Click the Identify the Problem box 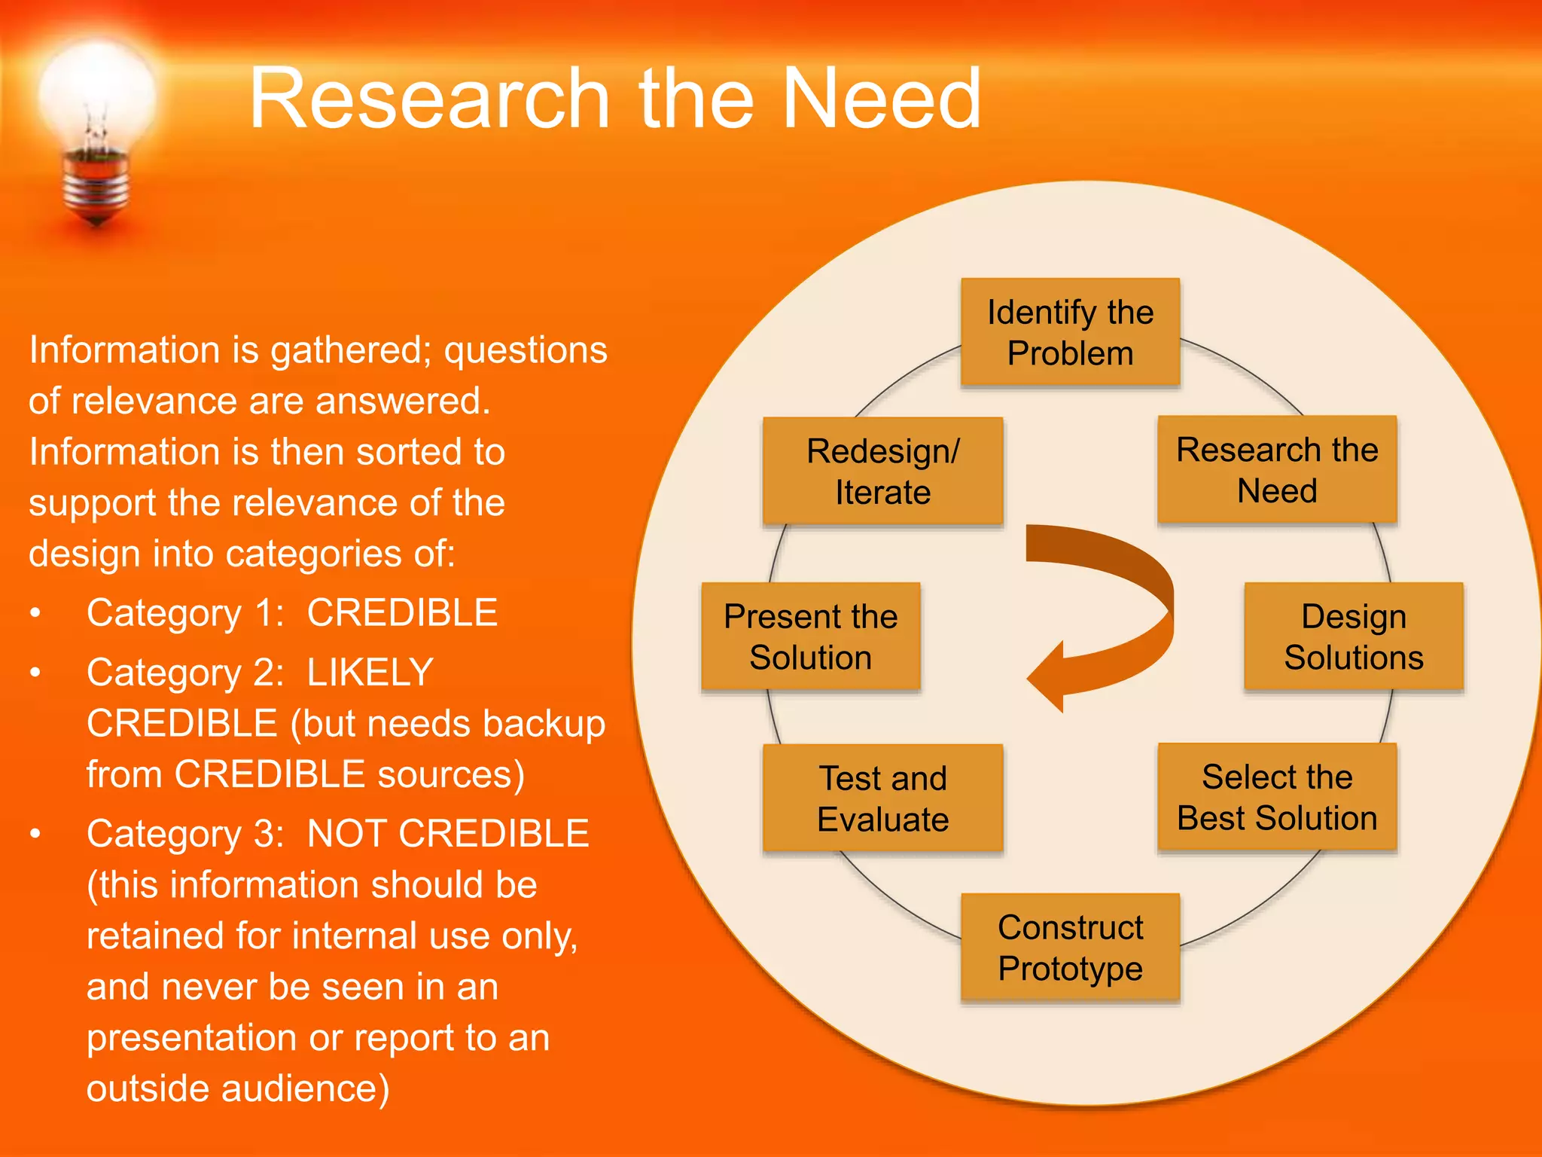point(1070,332)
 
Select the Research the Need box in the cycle point(1277,469)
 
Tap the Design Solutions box point(1353,637)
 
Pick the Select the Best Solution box point(1277,797)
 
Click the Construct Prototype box point(1070,947)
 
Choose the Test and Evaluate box point(882,798)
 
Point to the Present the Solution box point(810,637)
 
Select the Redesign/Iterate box point(882,471)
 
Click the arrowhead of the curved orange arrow point(1050,676)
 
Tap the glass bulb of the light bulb point(96,94)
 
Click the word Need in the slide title point(882,99)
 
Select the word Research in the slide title point(429,99)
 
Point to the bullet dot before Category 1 point(35,613)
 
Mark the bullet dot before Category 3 point(35,834)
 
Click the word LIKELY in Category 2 point(370,672)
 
